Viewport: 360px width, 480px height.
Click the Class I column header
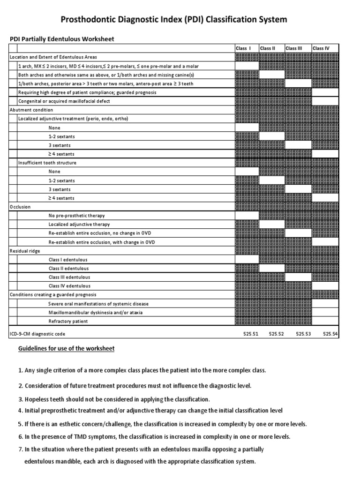click(243, 48)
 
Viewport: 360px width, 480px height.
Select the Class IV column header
click(321, 48)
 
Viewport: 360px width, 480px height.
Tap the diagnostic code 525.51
click(250, 334)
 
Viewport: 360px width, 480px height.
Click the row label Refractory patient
click(68, 322)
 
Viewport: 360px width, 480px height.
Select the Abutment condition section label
click(31, 110)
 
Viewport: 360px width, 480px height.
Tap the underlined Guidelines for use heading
click(66, 349)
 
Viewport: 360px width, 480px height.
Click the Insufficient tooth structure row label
click(47, 163)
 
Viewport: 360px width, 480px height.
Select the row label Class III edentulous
click(69, 277)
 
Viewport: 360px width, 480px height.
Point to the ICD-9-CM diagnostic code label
click(38, 334)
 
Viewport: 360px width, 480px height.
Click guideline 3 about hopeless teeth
click(114, 399)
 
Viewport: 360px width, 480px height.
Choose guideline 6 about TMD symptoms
click(154, 436)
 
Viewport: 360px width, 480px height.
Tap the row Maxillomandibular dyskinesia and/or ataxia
click(96, 313)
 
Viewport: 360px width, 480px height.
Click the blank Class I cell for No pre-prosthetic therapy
click(247, 216)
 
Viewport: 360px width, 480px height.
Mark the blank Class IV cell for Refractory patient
click(325, 322)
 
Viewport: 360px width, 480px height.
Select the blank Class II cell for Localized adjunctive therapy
click(272, 225)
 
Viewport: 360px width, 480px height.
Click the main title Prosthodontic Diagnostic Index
click(180, 19)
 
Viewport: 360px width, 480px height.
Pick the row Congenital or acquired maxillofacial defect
click(67, 101)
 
